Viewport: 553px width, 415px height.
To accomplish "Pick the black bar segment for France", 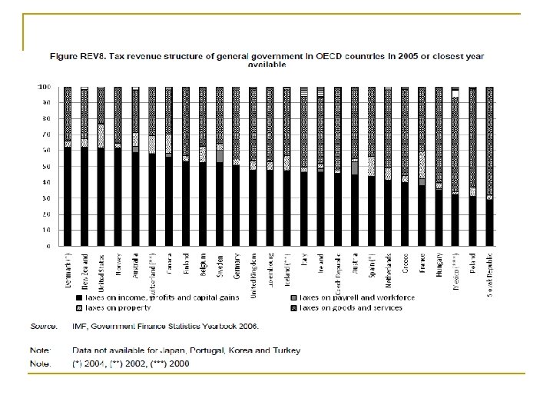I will point(422,215).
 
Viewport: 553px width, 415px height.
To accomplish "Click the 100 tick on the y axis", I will point(45,87).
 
